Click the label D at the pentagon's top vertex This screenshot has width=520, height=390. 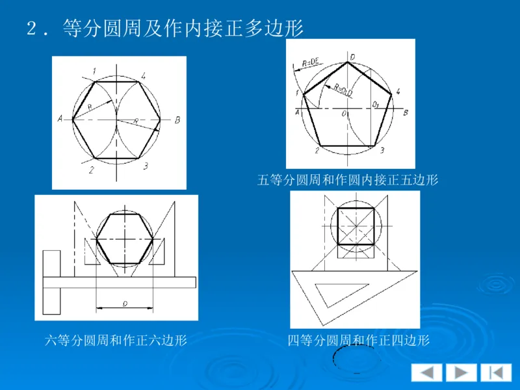coord(352,57)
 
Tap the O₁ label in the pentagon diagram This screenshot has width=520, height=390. coord(375,103)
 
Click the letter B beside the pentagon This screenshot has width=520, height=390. coord(406,113)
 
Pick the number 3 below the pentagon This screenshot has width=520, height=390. coord(382,151)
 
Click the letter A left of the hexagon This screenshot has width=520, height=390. coord(59,119)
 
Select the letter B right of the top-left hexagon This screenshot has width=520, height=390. coord(177,120)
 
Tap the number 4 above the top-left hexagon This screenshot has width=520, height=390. coord(143,75)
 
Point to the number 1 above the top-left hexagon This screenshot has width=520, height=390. coord(94,71)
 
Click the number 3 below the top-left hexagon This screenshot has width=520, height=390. coord(145,166)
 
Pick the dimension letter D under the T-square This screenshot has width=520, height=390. coord(124,303)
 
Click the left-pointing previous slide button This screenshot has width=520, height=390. coord(426,372)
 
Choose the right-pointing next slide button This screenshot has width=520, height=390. coord(461,372)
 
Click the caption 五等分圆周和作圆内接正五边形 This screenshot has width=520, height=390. coord(348,180)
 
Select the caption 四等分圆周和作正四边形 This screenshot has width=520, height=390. coord(359,340)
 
